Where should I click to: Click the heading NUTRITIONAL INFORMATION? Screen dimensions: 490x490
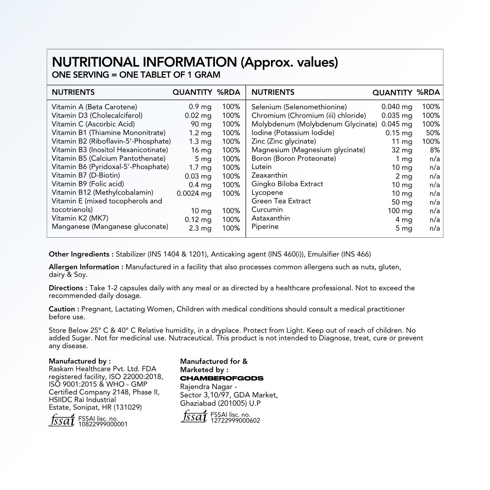pos(145,62)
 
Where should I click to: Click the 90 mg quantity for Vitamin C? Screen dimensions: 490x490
pos(201,124)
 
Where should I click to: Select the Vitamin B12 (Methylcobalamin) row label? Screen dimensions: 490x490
pos(102,193)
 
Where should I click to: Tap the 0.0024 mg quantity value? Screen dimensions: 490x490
pos(194,194)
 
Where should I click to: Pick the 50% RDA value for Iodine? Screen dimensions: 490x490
pos(433,133)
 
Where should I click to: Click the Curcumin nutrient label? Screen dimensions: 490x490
pos(267,210)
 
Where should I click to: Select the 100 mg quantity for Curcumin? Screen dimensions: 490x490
pos(400,211)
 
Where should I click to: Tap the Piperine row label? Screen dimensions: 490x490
pos(265,227)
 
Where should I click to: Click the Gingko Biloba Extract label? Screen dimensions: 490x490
pos(287,184)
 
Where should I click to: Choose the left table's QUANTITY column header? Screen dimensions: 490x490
pos(192,92)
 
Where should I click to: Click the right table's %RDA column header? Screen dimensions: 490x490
pos(428,92)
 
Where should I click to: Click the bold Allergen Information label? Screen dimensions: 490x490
pos(86,267)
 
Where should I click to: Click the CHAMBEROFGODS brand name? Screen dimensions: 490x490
pos(222,378)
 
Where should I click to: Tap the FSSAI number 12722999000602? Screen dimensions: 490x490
pos(235,420)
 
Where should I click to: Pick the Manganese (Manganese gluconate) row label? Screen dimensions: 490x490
pos(110,227)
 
